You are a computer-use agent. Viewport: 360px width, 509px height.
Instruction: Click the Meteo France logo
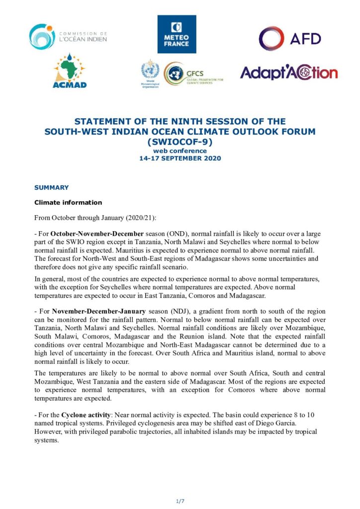pos(177,34)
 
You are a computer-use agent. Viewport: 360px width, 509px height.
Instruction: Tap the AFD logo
pos(289,39)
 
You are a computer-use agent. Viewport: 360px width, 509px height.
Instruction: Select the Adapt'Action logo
pos(288,73)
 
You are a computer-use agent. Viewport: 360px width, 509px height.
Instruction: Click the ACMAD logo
pos(70,72)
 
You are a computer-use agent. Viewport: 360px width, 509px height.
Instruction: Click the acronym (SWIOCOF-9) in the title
pos(180,141)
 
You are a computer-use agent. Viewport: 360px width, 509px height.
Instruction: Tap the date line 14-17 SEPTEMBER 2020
pos(180,159)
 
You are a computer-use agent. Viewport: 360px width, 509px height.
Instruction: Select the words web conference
pos(180,151)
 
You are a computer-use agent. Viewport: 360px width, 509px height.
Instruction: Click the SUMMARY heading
pos(51,187)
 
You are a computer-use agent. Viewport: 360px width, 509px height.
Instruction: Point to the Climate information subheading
pos(68,202)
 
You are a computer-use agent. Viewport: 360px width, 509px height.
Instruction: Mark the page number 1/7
pos(180,501)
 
